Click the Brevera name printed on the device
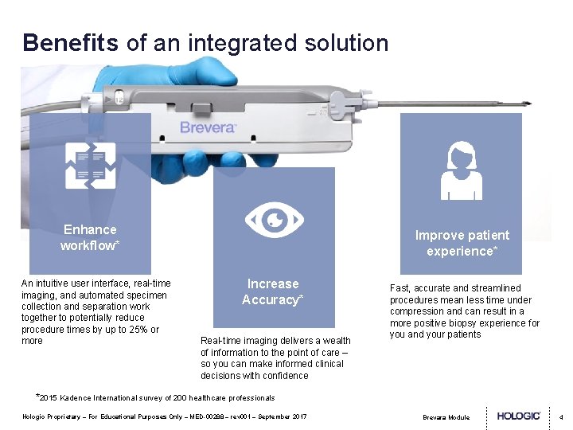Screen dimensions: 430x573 coord(208,127)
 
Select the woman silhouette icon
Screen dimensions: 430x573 coord(461,171)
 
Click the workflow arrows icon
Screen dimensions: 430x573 coord(90,166)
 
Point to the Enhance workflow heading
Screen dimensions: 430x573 coord(90,237)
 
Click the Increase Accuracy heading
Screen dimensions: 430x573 coord(273,291)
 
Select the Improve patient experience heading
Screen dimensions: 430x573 coord(462,243)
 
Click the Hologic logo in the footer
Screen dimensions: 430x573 coord(519,416)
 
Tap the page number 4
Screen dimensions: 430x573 coord(561,416)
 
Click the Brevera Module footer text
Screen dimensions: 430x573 coord(446,417)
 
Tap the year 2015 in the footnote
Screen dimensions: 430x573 coord(49,397)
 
